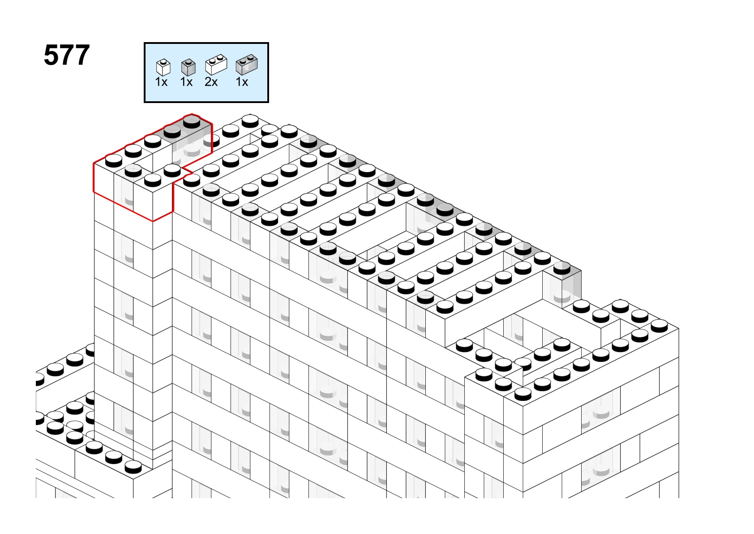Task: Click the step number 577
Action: (x=67, y=55)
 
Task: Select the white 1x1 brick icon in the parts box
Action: (x=163, y=67)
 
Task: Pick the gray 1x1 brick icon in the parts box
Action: (x=188, y=67)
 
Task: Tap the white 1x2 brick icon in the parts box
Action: (x=216, y=65)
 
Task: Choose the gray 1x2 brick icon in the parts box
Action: (x=247, y=65)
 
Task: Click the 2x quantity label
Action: (x=211, y=82)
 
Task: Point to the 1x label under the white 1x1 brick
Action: (x=161, y=82)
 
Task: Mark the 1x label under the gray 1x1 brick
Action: (x=186, y=82)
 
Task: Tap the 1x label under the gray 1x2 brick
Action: (x=242, y=82)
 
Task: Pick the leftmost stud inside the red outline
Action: (x=114, y=161)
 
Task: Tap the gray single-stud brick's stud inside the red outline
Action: (x=133, y=171)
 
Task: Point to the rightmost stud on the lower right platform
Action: (x=659, y=326)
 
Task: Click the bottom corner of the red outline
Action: (x=153, y=221)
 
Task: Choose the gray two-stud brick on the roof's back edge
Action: (x=435, y=206)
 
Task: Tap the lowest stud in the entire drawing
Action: (x=133, y=467)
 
